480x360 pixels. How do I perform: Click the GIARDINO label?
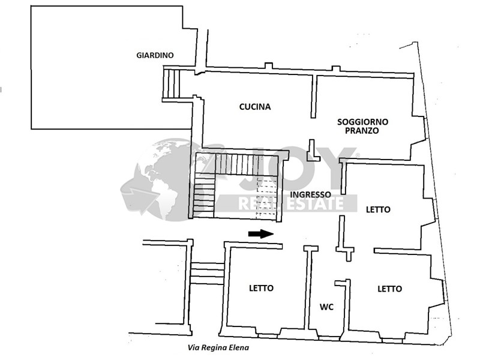155,55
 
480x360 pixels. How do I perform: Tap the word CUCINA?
255,107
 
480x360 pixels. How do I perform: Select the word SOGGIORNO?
362,121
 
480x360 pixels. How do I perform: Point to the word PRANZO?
362,130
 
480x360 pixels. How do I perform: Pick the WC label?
326,307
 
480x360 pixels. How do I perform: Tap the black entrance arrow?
261,234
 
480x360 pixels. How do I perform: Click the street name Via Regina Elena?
217,347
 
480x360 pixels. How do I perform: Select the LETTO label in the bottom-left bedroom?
261,288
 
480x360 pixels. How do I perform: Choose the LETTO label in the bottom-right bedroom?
389,289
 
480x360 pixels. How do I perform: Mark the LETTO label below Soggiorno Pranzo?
378,209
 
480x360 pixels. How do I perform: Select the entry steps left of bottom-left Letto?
208,272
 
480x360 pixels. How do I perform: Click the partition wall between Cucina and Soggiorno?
313,96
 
